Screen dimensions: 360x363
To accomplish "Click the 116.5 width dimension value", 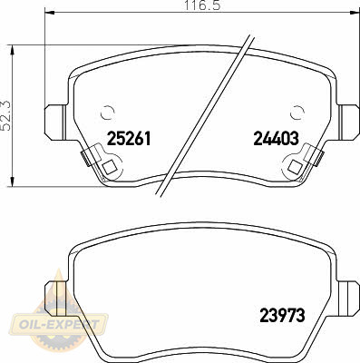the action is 202,5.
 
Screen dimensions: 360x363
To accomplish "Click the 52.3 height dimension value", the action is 5,116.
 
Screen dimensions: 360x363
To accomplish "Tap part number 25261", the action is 129,139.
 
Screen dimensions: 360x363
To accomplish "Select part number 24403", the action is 276,139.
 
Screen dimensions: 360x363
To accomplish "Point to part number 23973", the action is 282,316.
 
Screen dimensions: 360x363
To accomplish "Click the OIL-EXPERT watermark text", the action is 59,325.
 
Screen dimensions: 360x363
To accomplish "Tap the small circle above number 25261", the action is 108,113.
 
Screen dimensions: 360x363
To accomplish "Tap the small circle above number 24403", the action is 297,113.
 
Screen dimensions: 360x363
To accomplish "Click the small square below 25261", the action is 110,167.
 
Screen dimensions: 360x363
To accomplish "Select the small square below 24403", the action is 295,167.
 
